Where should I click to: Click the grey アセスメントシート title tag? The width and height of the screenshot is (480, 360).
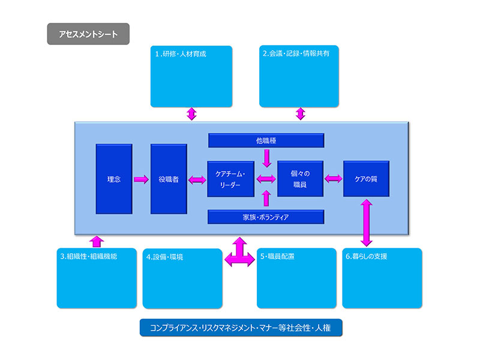pyautogui.click(x=88, y=34)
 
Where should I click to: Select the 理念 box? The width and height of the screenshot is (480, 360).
pyautogui.click(x=114, y=179)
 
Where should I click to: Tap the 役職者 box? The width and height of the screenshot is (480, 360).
pyautogui.click(x=169, y=179)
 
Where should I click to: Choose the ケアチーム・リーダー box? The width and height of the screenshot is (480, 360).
pyautogui.click(x=230, y=179)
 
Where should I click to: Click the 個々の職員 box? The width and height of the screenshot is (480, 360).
pyautogui.click(x=300, y=179)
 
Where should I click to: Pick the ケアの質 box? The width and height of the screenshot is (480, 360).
pyautogui.click(x=366, y=179)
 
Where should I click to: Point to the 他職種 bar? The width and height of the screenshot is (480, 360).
pyautogui.click(x=266, y=140)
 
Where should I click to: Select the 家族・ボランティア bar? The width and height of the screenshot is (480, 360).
pyautogui.click(x=266, y=217)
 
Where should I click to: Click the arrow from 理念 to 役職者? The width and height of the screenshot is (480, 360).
pyautogui.click(x=142, y=179)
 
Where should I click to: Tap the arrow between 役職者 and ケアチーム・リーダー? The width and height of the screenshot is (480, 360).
pyautogui.click(x=197, y=179)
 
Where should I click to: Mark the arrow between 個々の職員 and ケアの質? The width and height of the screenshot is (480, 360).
pyautogui.click(x=333, y=179)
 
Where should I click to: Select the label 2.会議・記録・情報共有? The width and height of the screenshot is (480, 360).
pyautogui.click(x=296, y=53)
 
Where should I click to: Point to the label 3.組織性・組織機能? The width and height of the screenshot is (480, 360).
pyautogui.click(x=88, y=256)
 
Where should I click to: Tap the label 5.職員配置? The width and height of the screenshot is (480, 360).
pyautogui.click(x=277, y=256)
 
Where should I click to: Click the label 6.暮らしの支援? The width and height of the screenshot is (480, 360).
pyautogui.click(x=367, y=256)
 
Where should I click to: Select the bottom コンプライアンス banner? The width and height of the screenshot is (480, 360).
pyautogui.click(x=241, y=328)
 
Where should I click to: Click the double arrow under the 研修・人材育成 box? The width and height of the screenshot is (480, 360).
pyautogui.click(x=191, y=113)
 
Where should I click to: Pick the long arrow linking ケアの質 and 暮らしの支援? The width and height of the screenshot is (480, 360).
pyautogui.click(x=365, y=223)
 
